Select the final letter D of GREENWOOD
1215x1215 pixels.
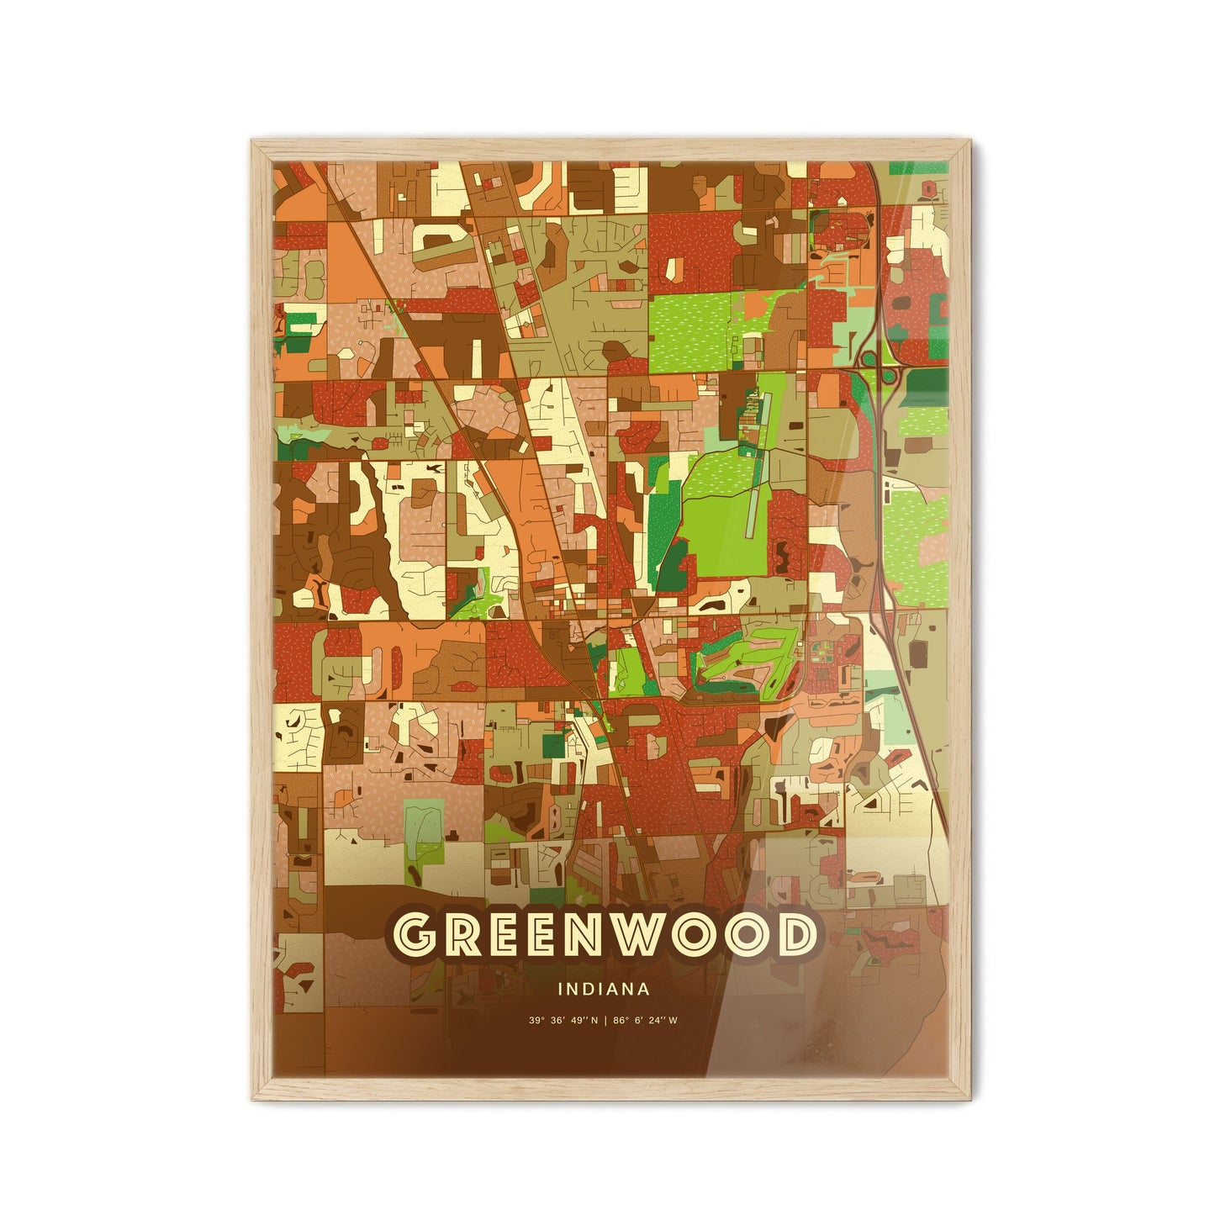(794, 935)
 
